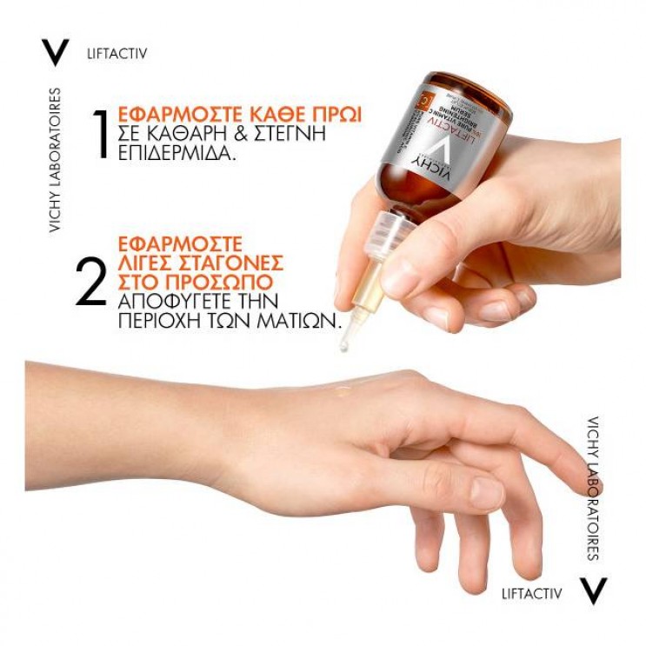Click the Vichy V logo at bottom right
point(592,592)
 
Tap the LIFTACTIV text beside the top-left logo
point(117,53)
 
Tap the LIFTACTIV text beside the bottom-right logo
point(531,593)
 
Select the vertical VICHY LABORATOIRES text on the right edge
point(593,487)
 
